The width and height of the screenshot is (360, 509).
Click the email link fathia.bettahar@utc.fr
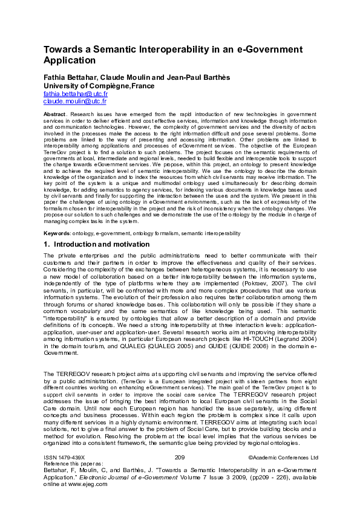(75, 94)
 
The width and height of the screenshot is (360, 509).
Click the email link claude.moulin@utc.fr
(74, 102)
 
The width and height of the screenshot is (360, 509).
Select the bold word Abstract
(56, 114)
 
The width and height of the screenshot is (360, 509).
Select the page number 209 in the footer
(179, 458)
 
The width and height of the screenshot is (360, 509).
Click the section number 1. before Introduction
(47, 245)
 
